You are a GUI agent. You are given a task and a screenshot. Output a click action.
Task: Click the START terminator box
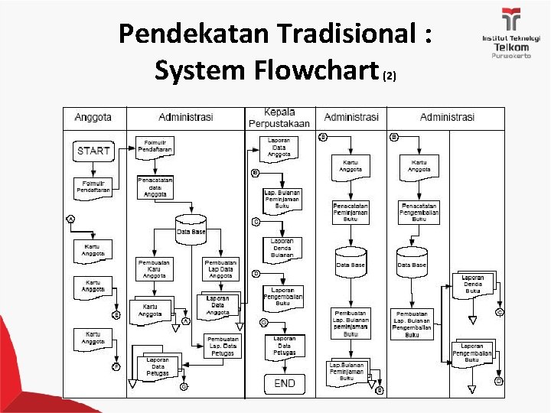(93, 151)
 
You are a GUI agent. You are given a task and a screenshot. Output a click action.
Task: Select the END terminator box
(284, 382)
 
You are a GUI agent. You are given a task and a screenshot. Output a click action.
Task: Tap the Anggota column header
(93, 117)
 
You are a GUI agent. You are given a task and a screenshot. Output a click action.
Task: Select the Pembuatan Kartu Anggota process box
(155, 268)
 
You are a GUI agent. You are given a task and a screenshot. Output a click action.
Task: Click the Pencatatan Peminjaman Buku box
(350, 212)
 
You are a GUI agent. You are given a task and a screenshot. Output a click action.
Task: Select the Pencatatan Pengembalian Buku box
(419, 212)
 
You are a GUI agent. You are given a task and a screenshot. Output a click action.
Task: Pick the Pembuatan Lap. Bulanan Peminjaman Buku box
(350, 324)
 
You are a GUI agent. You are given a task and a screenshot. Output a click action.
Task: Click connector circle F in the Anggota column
(116, 366)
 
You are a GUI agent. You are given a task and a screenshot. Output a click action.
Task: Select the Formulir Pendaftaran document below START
(93, 186)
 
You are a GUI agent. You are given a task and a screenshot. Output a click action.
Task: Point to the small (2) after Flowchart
(390, 76)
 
